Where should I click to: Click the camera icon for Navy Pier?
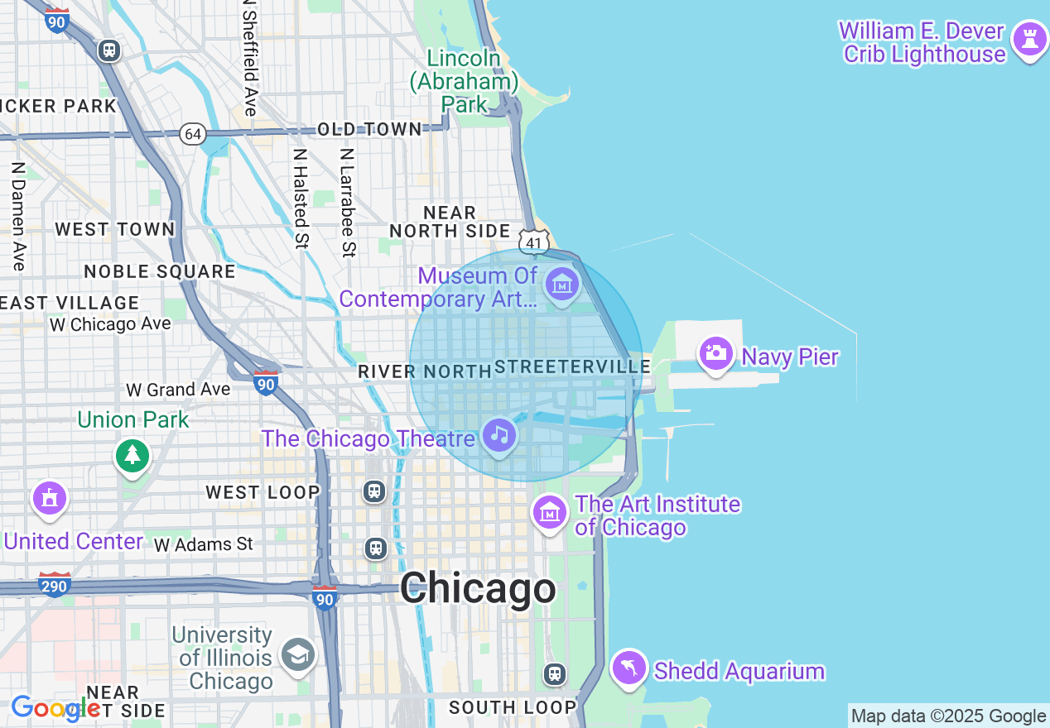(716, 354)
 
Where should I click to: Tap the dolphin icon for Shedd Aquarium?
(629, 668)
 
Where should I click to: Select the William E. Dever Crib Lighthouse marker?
(1030, 39)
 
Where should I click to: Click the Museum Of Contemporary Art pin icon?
(563, 285)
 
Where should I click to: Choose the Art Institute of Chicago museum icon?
(550, 513)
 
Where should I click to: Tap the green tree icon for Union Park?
(132, 456)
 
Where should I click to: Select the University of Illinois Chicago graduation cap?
(296, 655)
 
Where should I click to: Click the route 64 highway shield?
(193, 134)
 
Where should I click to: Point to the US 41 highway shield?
(534, 242)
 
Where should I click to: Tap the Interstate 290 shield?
(55, 585)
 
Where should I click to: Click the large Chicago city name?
(478, 589)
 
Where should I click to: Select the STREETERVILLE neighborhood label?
(572, 366)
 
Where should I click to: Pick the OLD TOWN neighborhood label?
(369, 129)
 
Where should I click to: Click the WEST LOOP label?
(262, 493)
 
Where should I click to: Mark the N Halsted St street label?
(301, 199)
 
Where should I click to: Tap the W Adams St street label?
(204, 544)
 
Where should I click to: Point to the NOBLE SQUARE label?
(160, 271)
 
